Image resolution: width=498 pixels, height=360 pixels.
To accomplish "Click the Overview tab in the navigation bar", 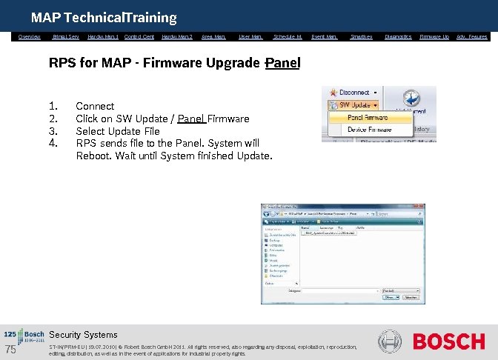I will [x=30, y=36].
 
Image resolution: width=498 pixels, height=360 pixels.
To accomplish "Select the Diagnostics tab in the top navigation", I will [x=398, y=36].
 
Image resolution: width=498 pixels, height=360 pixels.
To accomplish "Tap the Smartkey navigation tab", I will [x=361, y=36].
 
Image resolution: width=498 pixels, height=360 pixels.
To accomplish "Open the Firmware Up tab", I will [x=434, y=36].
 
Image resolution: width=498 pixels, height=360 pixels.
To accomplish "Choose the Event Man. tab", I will [x=325, y=36].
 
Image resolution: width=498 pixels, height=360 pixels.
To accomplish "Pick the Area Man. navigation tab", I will [x=213, y=36].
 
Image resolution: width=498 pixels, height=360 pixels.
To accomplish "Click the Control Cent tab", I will [x=139, y=36].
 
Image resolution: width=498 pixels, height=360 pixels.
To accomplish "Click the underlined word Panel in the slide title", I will [x=282, y=64].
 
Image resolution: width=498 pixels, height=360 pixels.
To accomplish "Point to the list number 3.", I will [x=53, y=131].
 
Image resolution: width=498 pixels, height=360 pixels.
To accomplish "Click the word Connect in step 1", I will [x=95, y=107].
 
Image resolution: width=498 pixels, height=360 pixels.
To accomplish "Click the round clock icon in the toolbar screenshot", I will [x=414, y=99].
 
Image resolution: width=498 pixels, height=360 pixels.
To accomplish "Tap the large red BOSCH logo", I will [x=449, y=342].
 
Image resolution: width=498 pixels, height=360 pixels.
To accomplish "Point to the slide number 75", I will [x=10, y=350].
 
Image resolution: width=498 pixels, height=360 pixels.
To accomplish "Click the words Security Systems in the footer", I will [x=83, y=335].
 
